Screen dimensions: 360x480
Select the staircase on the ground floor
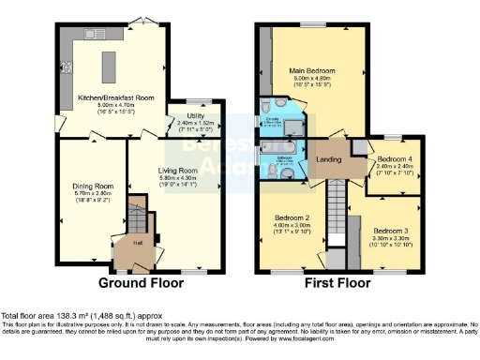pyautogui.click(x=137, y=221)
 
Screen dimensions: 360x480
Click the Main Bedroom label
pyautogui.click(x=338, y=70)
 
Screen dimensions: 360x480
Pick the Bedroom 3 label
pyautogui.click(x=387, y=230)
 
